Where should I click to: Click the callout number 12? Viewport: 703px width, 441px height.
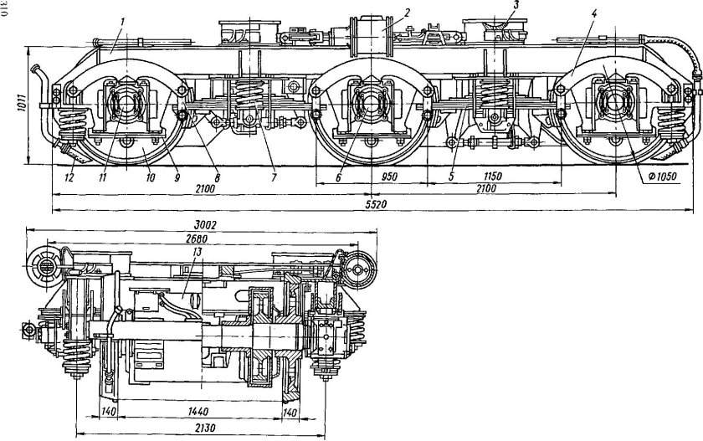69,178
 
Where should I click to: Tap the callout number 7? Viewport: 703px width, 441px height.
274,177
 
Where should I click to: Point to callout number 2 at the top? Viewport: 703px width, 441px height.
406,12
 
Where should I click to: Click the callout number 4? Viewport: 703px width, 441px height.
594,13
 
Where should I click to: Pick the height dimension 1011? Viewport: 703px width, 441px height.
22,104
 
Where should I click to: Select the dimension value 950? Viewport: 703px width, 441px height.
388,176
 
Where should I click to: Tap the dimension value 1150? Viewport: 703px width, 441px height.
493,176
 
